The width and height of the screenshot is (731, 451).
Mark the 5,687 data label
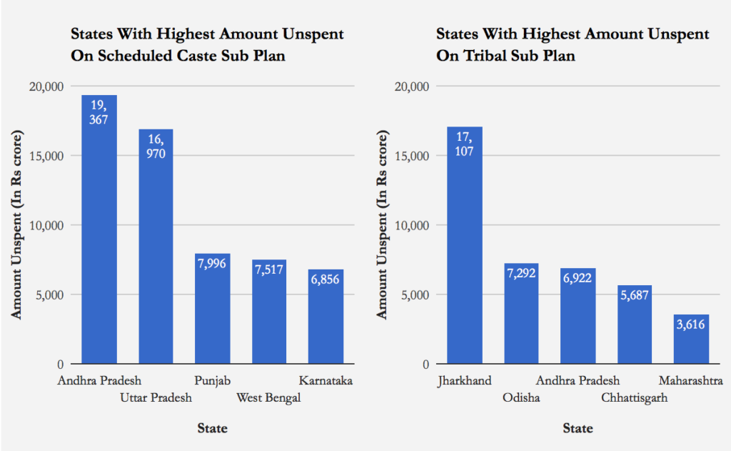635,294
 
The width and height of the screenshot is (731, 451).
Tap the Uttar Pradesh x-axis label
156,398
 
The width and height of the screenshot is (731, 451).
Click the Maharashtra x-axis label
690,381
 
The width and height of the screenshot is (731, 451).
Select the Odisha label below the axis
521,398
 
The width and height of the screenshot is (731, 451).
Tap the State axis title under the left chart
212,429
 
